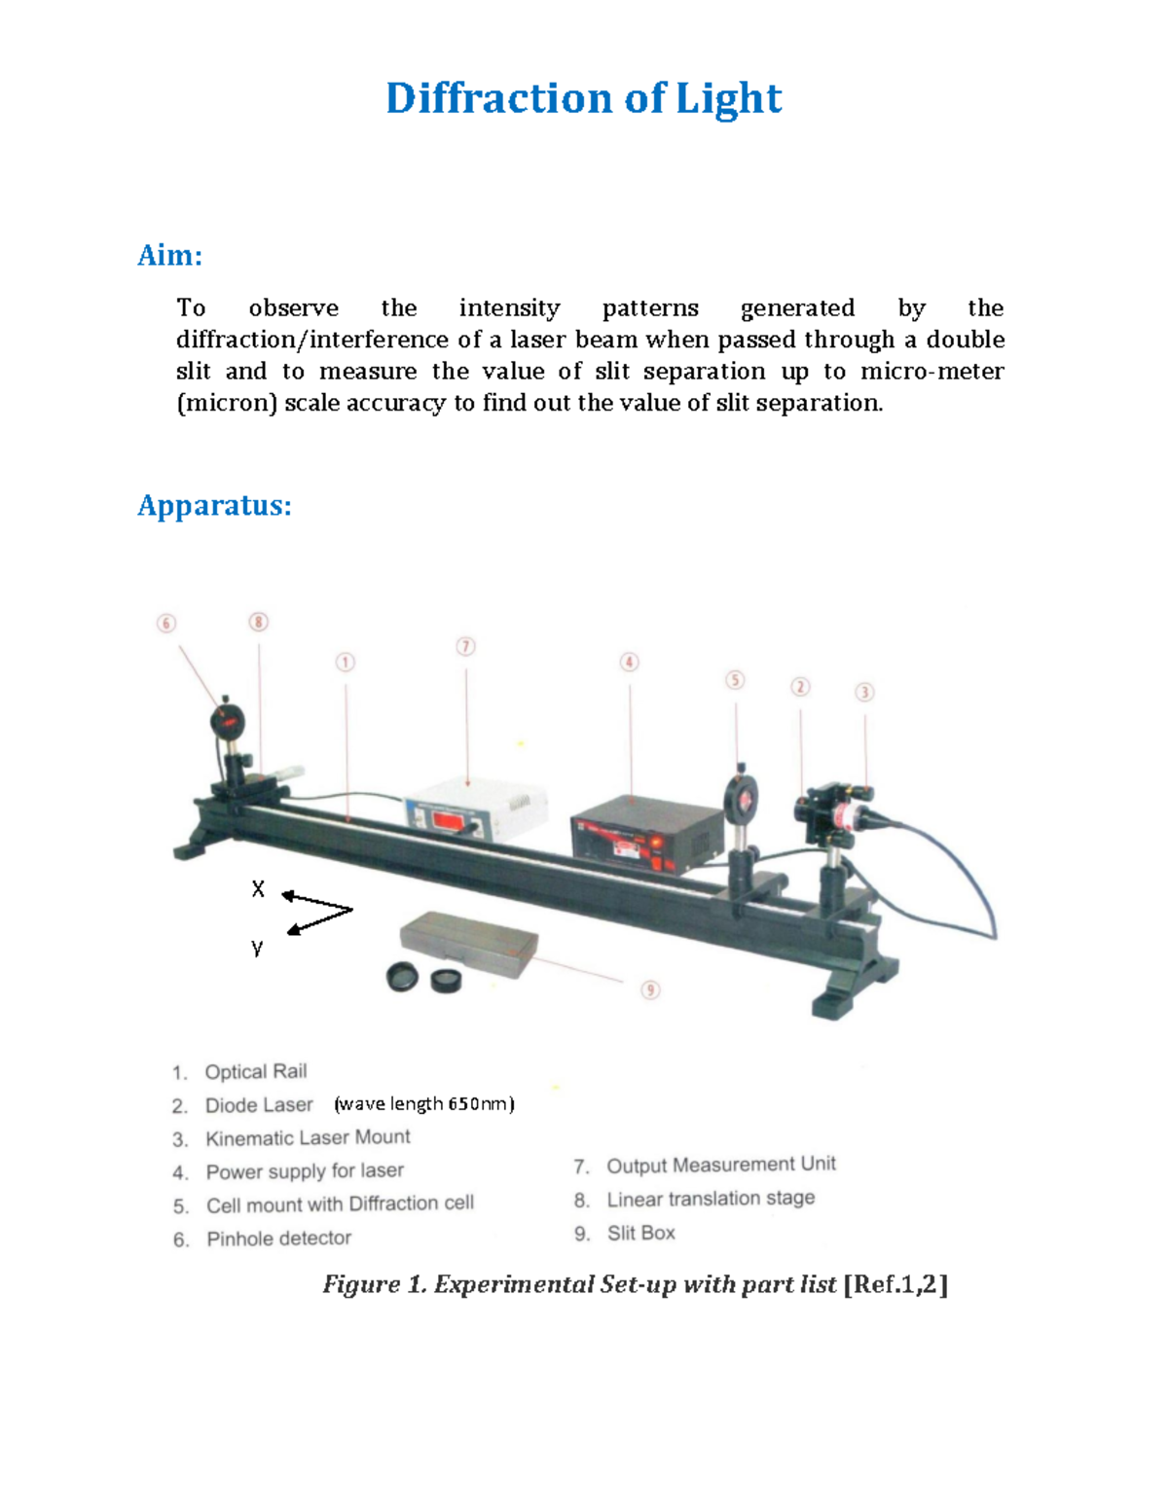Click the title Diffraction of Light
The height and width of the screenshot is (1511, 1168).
pos(583,98)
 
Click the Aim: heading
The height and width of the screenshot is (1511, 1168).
pos(169,256)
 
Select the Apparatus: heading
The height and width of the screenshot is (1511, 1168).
pos(214,506)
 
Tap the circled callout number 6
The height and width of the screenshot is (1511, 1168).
pos(166,623)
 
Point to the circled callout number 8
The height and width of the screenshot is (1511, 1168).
pos(258,622)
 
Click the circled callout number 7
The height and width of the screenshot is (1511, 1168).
pos(465,646)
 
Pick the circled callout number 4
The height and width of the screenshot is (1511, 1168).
pos(630,662)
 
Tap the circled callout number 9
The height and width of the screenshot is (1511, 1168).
pos(650,989)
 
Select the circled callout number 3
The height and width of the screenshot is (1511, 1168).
pos(864,692)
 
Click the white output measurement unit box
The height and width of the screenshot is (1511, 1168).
pos(474,809)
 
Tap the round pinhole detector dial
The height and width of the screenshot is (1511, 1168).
pos(228,722)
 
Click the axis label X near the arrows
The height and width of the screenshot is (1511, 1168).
pos(258,888)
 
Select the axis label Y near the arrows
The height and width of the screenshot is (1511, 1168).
pos(257,947)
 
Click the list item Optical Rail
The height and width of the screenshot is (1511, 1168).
pos(255,1071)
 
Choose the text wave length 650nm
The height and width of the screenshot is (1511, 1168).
pos(424,1103)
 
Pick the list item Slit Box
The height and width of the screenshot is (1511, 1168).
pos(640,1233)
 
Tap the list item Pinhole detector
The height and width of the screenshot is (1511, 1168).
pos(278,1239)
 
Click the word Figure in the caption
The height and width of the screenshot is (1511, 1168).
pos(360,1284)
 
